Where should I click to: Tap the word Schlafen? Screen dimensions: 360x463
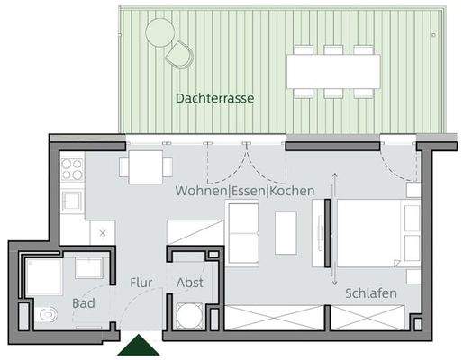click(370, 294)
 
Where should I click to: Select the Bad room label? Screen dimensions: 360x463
click(84, 303)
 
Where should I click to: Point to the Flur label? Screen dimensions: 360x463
click(140, 282)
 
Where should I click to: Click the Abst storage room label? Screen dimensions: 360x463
click(189, 282)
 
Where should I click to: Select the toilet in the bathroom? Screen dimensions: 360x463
click(48, 315)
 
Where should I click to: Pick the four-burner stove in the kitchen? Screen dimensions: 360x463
click(72, 168)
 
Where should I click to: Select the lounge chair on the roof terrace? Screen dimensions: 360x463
click(180, 54)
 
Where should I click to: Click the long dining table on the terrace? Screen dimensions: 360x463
click(334, 68)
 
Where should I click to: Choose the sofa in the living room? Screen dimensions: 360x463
click(241, 231)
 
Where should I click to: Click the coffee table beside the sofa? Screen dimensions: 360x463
click(286, 231)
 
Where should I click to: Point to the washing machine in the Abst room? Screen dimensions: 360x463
click(190, 315)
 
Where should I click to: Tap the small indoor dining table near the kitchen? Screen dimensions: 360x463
click(144, 166)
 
